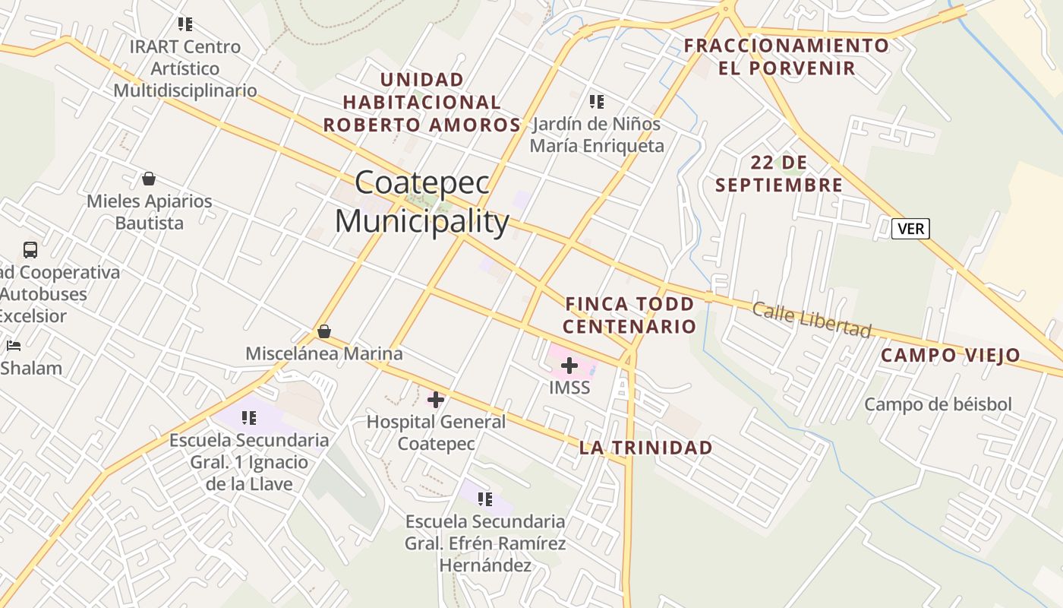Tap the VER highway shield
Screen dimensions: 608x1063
click(x=910, y=228)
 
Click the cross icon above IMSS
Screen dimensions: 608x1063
click(x=569, y=366)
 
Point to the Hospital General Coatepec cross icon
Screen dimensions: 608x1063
click(x=436, y=399)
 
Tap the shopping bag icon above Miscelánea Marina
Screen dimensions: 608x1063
click(x=324, y=331)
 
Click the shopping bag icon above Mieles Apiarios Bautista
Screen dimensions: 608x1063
click(x=149, y=179)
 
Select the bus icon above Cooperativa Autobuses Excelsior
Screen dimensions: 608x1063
click(x=30, y=249)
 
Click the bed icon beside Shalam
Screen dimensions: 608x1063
click(x=14, y=346)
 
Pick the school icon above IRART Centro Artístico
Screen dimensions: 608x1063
click(x=185, y=24)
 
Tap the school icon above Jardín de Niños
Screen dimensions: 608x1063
click(x=597, y=101)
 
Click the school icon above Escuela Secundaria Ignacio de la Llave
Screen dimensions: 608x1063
click(x=249, y=417)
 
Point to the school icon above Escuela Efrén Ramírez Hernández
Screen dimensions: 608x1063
click(x=485, y=499)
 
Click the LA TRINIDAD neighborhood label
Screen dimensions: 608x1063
click(x=646, y=448)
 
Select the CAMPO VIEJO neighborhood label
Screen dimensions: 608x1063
click(x=951, y=356)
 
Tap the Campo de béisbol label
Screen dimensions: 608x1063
click(x=938, y=404)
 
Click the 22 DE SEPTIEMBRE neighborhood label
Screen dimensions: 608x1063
click(x=779, y=174)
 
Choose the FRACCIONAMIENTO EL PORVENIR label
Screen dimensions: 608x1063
click(x=787, y=57)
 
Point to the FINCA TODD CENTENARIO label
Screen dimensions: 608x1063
click(x=630, y=315)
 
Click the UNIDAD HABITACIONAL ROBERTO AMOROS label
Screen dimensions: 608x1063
click(x=422, y=102)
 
